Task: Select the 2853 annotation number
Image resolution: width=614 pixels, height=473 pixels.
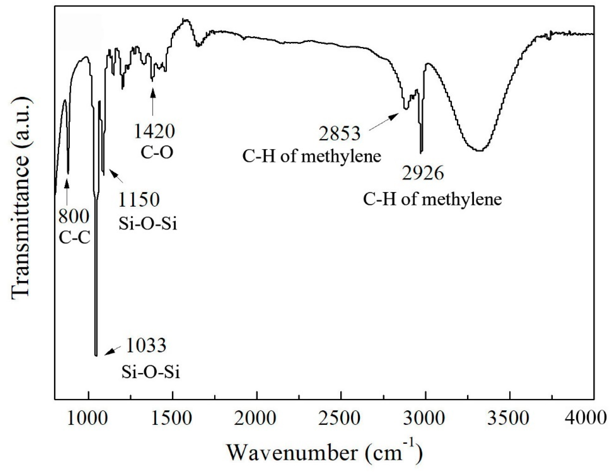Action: [339, 133]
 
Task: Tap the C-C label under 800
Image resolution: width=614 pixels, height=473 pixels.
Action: [75, 238]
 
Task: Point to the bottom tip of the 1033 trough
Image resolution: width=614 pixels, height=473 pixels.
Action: [96, 355]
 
